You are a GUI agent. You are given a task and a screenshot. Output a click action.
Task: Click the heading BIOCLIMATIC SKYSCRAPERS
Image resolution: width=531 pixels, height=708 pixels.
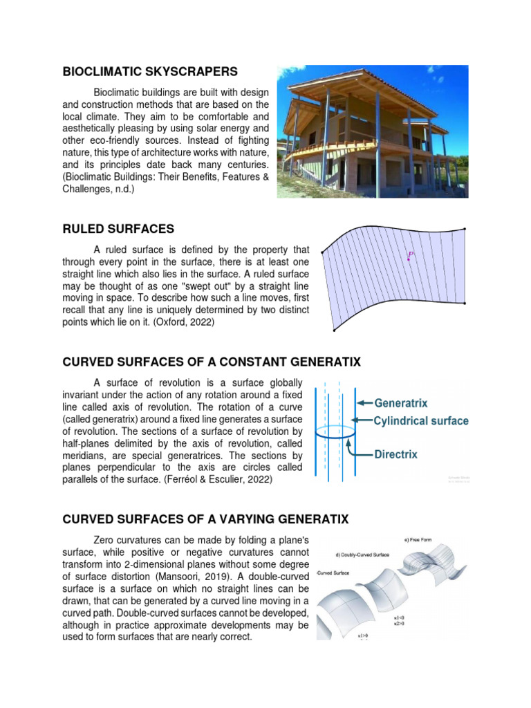pyautogui.click(x=150, y=71)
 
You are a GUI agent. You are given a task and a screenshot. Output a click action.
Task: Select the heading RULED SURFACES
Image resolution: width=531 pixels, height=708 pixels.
pyautogui.click(x=118, y=229)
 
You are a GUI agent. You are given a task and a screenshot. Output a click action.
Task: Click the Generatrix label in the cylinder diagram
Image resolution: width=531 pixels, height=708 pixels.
pyautogui.click(x=401, y=403)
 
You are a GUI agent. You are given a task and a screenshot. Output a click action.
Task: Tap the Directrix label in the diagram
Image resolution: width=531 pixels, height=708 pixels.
pyautogui.click(x=399, y=455)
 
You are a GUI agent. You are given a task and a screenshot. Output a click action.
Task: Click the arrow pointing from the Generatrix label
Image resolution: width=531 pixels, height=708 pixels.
pyautogui.click(x=364, y=403)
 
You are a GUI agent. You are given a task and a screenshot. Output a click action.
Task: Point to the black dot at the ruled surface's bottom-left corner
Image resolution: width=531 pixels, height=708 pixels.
pyautogui.click(x=335, y=331)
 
